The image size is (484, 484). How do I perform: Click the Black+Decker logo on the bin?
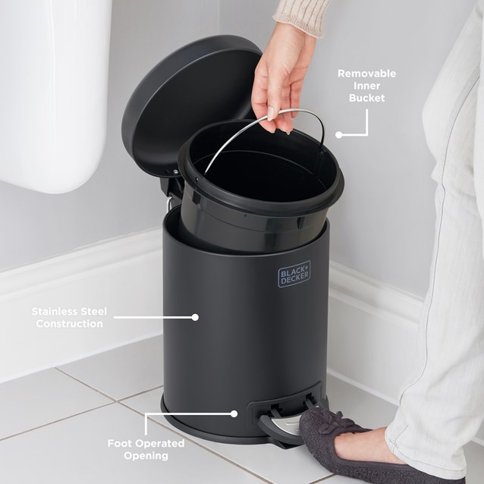pos(294,274)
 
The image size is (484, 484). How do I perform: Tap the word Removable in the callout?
pos(366,74)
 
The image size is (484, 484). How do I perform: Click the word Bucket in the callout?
pos(366,98)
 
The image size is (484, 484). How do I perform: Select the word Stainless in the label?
pos(58,311)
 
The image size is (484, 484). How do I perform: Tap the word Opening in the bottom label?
pos(146,456)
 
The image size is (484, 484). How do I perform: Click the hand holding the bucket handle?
pos(281,76)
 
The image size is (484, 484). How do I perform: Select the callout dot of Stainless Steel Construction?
pos(195,317)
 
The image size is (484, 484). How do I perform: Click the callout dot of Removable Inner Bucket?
pos(338,135)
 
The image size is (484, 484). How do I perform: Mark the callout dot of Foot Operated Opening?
pos(234,413)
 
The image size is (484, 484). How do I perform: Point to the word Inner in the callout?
pos(366,86)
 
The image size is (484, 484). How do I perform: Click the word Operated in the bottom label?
pos(162,443)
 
